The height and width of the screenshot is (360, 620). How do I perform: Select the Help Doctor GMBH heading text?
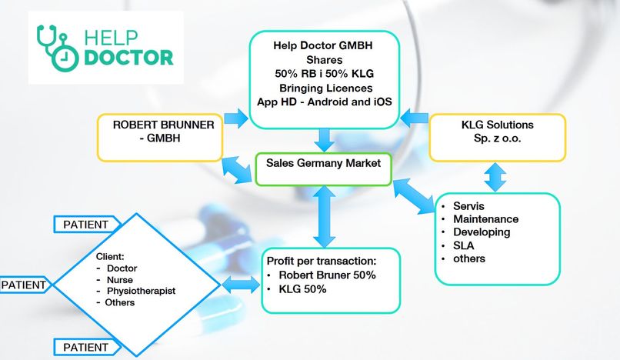(x=322, y=45)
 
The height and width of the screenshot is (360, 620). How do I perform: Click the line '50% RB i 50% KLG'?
(x=322, y=74)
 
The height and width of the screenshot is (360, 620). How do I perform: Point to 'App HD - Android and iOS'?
(x=322, y=103)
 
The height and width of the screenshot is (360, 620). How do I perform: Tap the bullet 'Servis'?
(x=469, y=207)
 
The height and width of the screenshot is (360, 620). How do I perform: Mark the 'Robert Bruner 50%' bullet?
(x=327, y=275)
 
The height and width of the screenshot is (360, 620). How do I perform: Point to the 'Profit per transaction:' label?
(x=320, y=260)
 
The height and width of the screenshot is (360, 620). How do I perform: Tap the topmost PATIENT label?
(x=86, y=225)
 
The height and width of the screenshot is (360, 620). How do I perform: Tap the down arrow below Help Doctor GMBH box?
(x=325, y=139)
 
